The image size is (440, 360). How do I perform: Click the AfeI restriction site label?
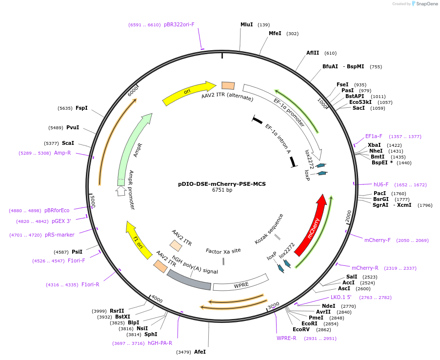click(x=200, y=352)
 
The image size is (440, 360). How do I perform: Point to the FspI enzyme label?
click(x=81, y=108)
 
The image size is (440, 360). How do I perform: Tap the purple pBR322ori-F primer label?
click(x=179, y=24)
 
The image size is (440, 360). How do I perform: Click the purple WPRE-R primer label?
click(x=286, y=338)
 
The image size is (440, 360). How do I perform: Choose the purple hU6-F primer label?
click(x=381, y=185)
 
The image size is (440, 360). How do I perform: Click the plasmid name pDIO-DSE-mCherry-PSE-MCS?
click(x=222, y=184)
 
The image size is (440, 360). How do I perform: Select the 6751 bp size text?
click(x=222, y=190)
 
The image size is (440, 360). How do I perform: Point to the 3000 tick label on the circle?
click(x=274, y=305)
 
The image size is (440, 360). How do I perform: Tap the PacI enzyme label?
click(x=380, y=193)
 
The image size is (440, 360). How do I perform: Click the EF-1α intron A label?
click(x=278, y=139)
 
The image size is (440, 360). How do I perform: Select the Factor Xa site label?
click(x=223, y=251)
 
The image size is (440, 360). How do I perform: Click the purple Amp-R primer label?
click(x=62, y=153)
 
